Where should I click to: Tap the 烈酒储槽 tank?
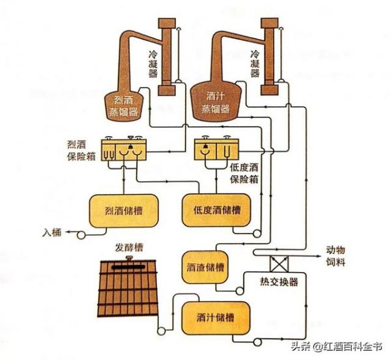pyautogui.click(x=123, y=211)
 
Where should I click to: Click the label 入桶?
pyautogui.click(x=52, y=231)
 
